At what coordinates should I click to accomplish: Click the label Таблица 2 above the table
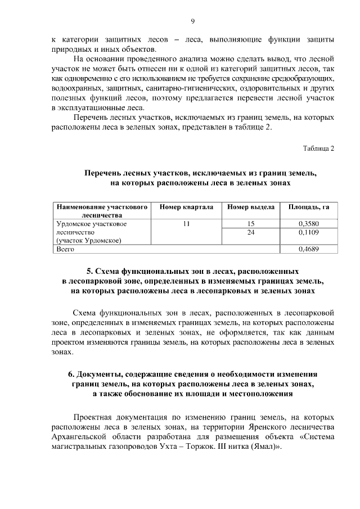[x=318, y=148]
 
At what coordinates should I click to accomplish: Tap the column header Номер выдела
[x=251, y=207]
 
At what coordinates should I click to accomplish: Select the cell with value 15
[x=251, y=223]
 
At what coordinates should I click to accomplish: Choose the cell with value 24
[x=251, y=232]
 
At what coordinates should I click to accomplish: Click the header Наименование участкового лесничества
[x=101, y=211]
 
